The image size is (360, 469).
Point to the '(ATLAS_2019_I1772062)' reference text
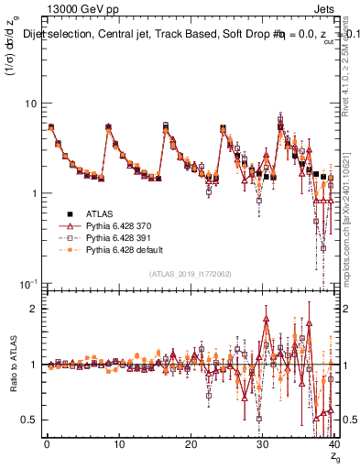[191, 273]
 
